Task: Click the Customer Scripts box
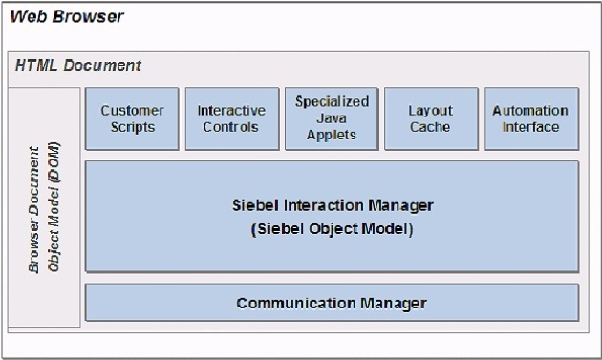(132, 118)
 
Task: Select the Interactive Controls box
(231, 118)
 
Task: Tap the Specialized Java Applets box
(332, 118)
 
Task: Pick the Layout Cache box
(431, 118)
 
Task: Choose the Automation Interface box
(531, 118)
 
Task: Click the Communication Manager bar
(332, 303)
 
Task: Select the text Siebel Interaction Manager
(333, 205)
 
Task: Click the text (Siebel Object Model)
(333, 229)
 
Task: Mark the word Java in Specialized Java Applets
(332, 118)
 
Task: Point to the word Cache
(431, 127)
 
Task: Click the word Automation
(531, 111)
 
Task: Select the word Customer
(132, 111)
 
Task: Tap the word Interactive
(231, 111)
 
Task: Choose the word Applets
(332, 135)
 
